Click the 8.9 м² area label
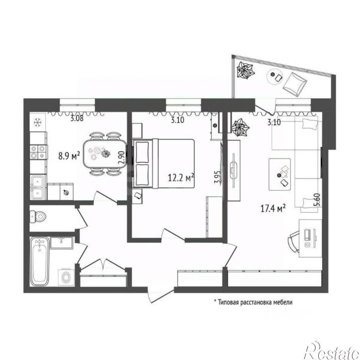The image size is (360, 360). click(69, 156)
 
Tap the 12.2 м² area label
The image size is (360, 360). click(181, 177)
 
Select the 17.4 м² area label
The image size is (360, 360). click(273, 209)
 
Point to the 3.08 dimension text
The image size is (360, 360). click(76, 119)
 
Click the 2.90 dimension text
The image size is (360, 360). click(122, 157)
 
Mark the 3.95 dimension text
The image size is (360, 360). click(217, 177)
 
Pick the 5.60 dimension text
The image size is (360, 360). click(318, 200)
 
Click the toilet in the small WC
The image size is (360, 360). click(38, 216)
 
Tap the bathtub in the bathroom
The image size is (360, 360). click(40, 261)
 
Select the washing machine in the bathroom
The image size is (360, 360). click(66, 277)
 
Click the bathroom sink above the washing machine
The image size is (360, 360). click(62, 243)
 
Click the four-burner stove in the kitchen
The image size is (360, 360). click(38, 152)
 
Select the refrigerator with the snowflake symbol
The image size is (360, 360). click(38, 122)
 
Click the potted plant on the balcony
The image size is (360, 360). click(245, 70)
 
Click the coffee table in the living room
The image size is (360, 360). click(280, 174)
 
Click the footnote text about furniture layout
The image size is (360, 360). click(253, 302)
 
